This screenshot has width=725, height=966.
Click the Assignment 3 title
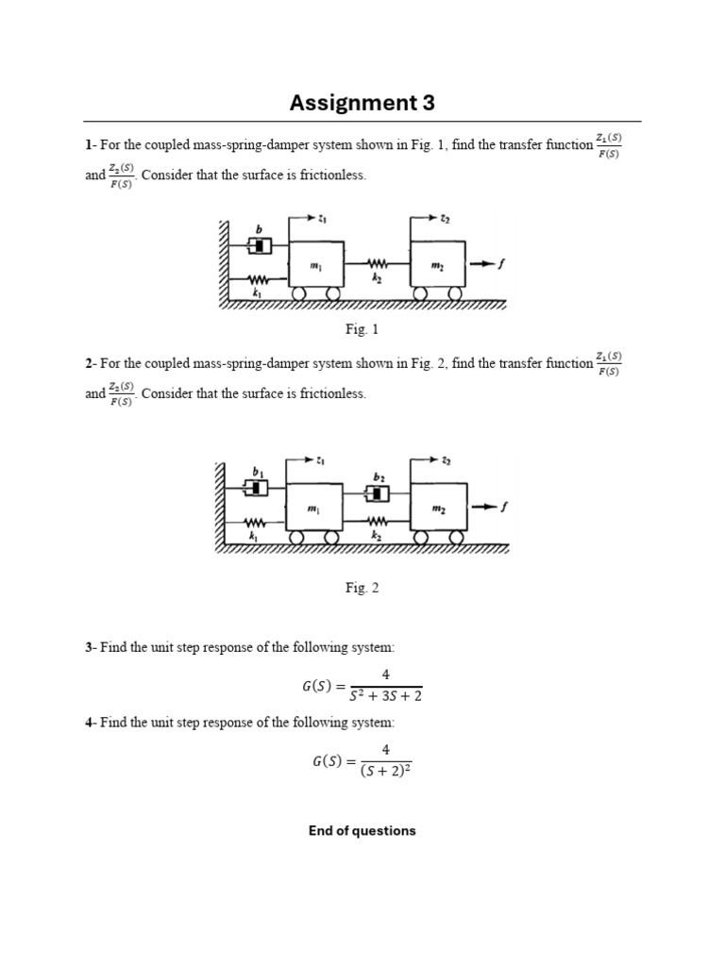click(x=362, y=103)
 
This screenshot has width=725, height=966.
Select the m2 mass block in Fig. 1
click(x=437, y=267)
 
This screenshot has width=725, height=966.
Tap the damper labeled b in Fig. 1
click(x=260, y=245)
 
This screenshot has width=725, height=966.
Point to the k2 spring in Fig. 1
click(x=377, y=266)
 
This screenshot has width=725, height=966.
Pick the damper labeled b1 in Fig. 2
click(x=257, y=487)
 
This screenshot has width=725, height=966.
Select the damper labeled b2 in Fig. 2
click(x=378, y=493)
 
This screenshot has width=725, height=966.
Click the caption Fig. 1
click(x=362, y=329)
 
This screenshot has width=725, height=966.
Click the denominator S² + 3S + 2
click(x=385, y=696)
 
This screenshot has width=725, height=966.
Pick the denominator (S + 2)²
click(x=385, y=770)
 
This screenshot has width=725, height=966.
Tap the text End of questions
click(x=362, y=831)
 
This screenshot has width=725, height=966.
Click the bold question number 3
click(x=89, y=648)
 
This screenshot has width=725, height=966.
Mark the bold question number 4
click(x=89, y=723)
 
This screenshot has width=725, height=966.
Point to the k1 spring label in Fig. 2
click(x=253, y=536)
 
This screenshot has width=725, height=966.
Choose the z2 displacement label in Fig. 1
click(x=445, y=219)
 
